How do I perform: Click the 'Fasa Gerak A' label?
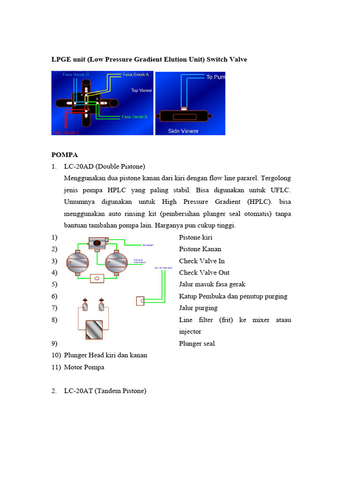(135, 74)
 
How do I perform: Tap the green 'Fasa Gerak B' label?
(135, 117)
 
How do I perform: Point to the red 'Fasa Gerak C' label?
(66, 133)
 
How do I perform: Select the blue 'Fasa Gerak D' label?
(75, 74)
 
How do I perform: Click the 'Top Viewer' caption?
(141, 90)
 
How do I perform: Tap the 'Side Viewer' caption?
(183, 131)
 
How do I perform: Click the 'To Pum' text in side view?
(215, 77)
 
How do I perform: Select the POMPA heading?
(65, 155)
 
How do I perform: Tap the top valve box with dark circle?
(97, 243)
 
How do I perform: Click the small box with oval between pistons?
(97, 278)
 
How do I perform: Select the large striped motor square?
(97, 330)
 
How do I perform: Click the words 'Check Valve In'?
(202, 261)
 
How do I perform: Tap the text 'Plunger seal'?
(197, 344)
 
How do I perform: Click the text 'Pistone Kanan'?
(200, 249)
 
